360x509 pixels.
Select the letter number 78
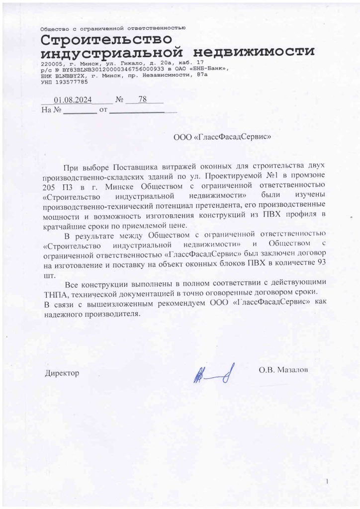point(143,99)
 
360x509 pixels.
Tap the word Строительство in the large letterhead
point(107,39)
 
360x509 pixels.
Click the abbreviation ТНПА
point(54,293)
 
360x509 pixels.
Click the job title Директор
point(62,372)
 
